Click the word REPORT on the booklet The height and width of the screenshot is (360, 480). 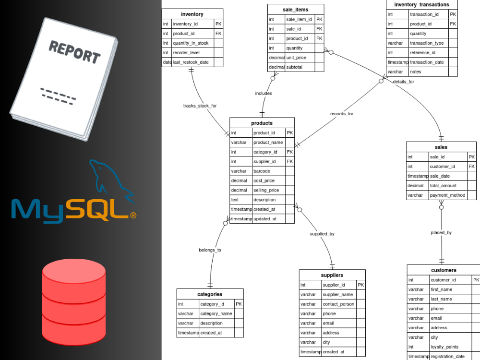(x=75, y=52)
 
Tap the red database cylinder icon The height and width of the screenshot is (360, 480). (x=74, y=302)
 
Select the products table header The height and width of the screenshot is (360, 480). (x=262, y=123)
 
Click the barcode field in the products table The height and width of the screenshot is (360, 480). (x=262, y=171)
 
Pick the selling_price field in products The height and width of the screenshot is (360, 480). (x=266, y=190)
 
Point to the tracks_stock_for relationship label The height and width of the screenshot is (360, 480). (x=200, y=106)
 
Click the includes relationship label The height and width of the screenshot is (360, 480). (x=264, y=94)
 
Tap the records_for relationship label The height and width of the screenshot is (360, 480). (x=342, y=114)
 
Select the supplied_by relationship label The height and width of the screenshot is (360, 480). (x=322, y=234)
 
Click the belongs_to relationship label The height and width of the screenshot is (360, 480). (x=210, y=250)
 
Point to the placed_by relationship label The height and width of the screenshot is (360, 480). (x=441, y=233)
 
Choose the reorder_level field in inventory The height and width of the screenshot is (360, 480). (x=186, y=53)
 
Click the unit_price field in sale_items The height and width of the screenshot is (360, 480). (x=296, y=58)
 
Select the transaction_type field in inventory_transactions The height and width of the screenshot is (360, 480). (x=427, y=43)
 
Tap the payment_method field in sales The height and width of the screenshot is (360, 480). (x=447, y=195)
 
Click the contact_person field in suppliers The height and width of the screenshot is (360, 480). (x=338, y=304)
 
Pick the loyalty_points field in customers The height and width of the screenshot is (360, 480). (x=444, y=347)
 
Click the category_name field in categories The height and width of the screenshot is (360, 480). (x=216, y=314)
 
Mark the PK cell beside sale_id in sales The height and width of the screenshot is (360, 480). (x=471, y=157)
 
